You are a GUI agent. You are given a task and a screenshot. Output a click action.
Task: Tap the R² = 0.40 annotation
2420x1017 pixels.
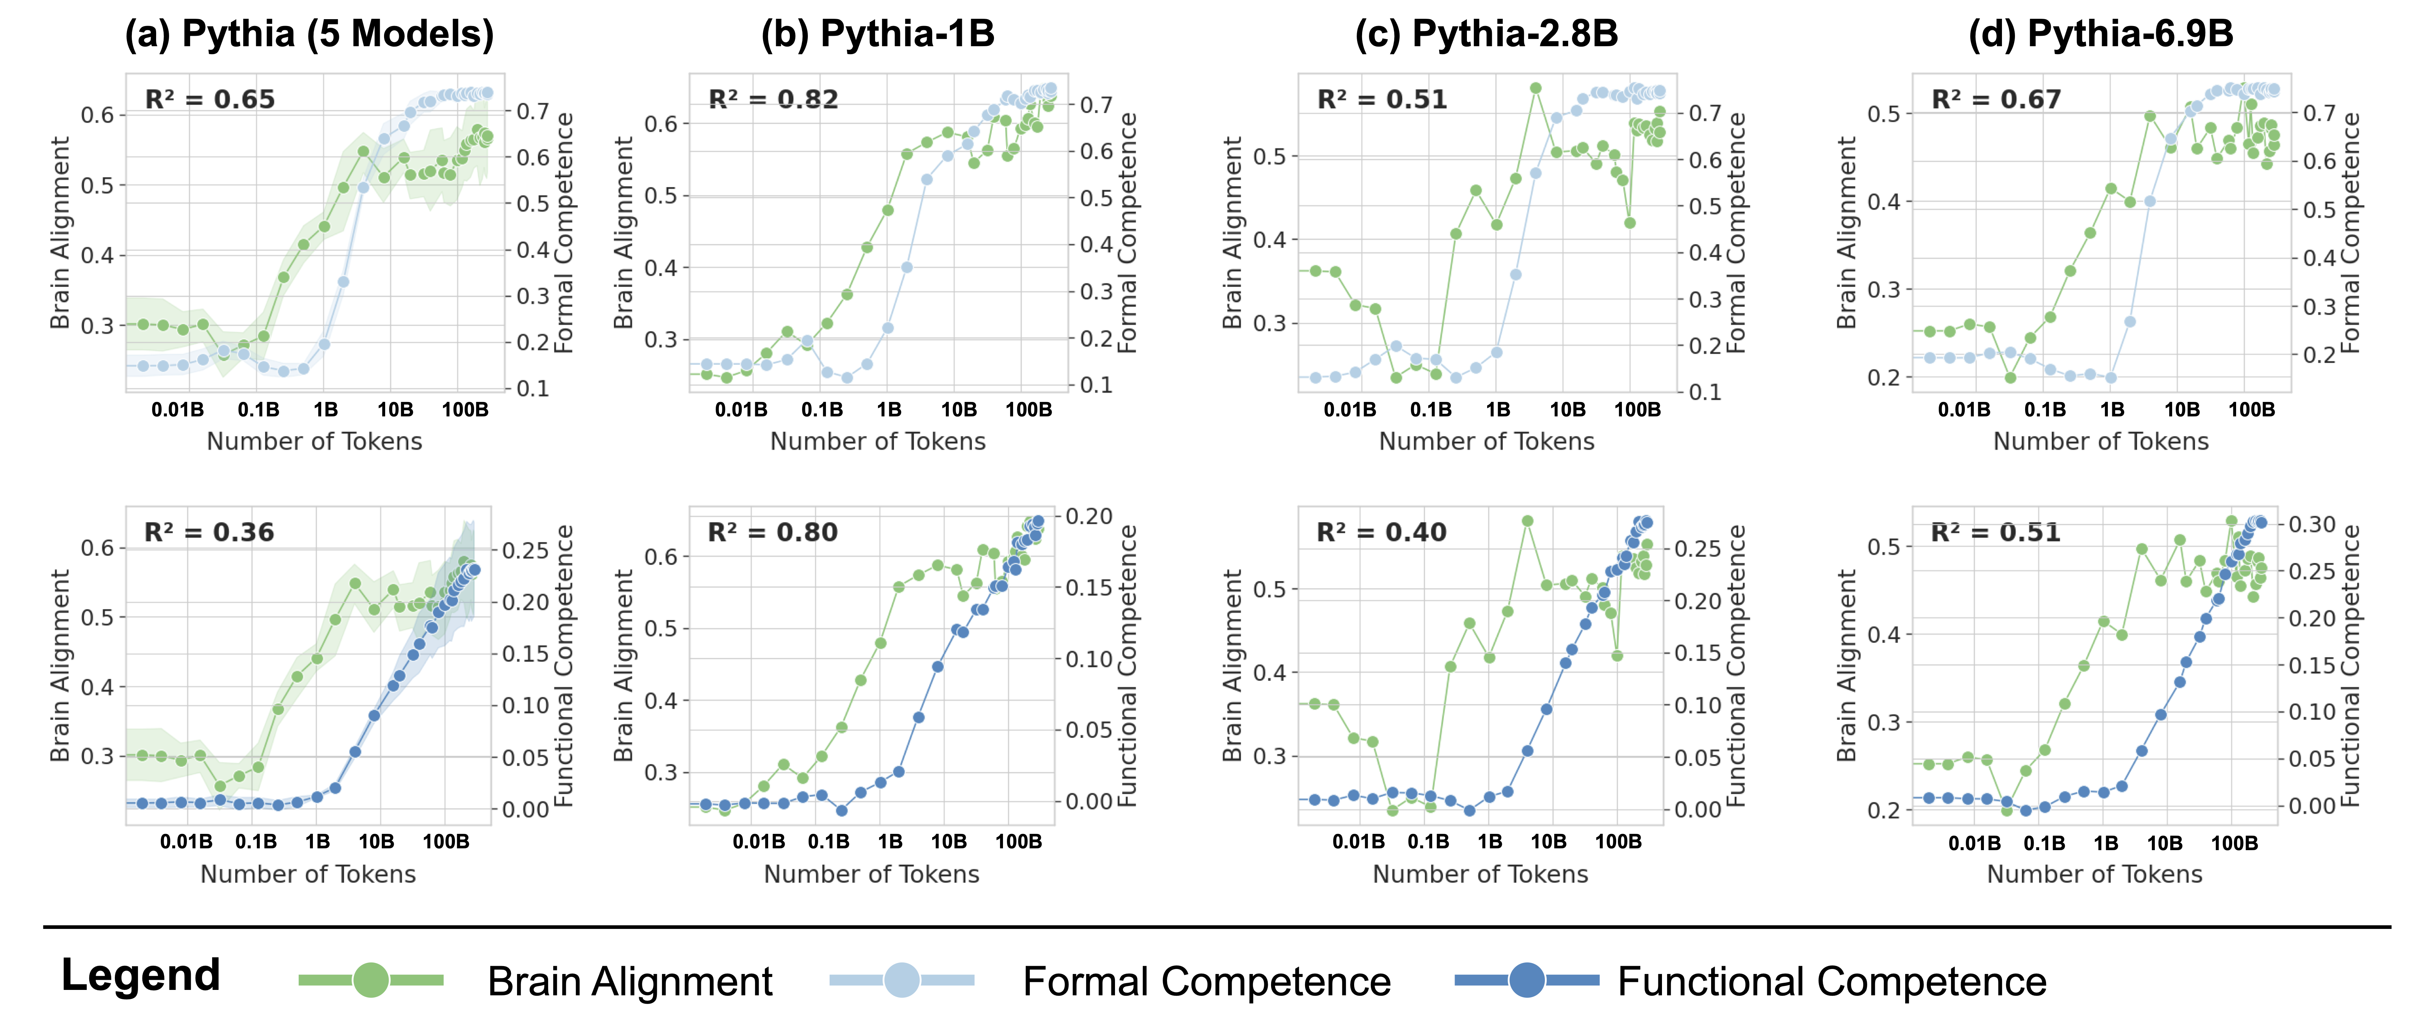(x=1382, y=532)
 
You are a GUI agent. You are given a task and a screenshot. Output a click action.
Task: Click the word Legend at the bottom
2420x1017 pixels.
(x=141, y=976)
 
